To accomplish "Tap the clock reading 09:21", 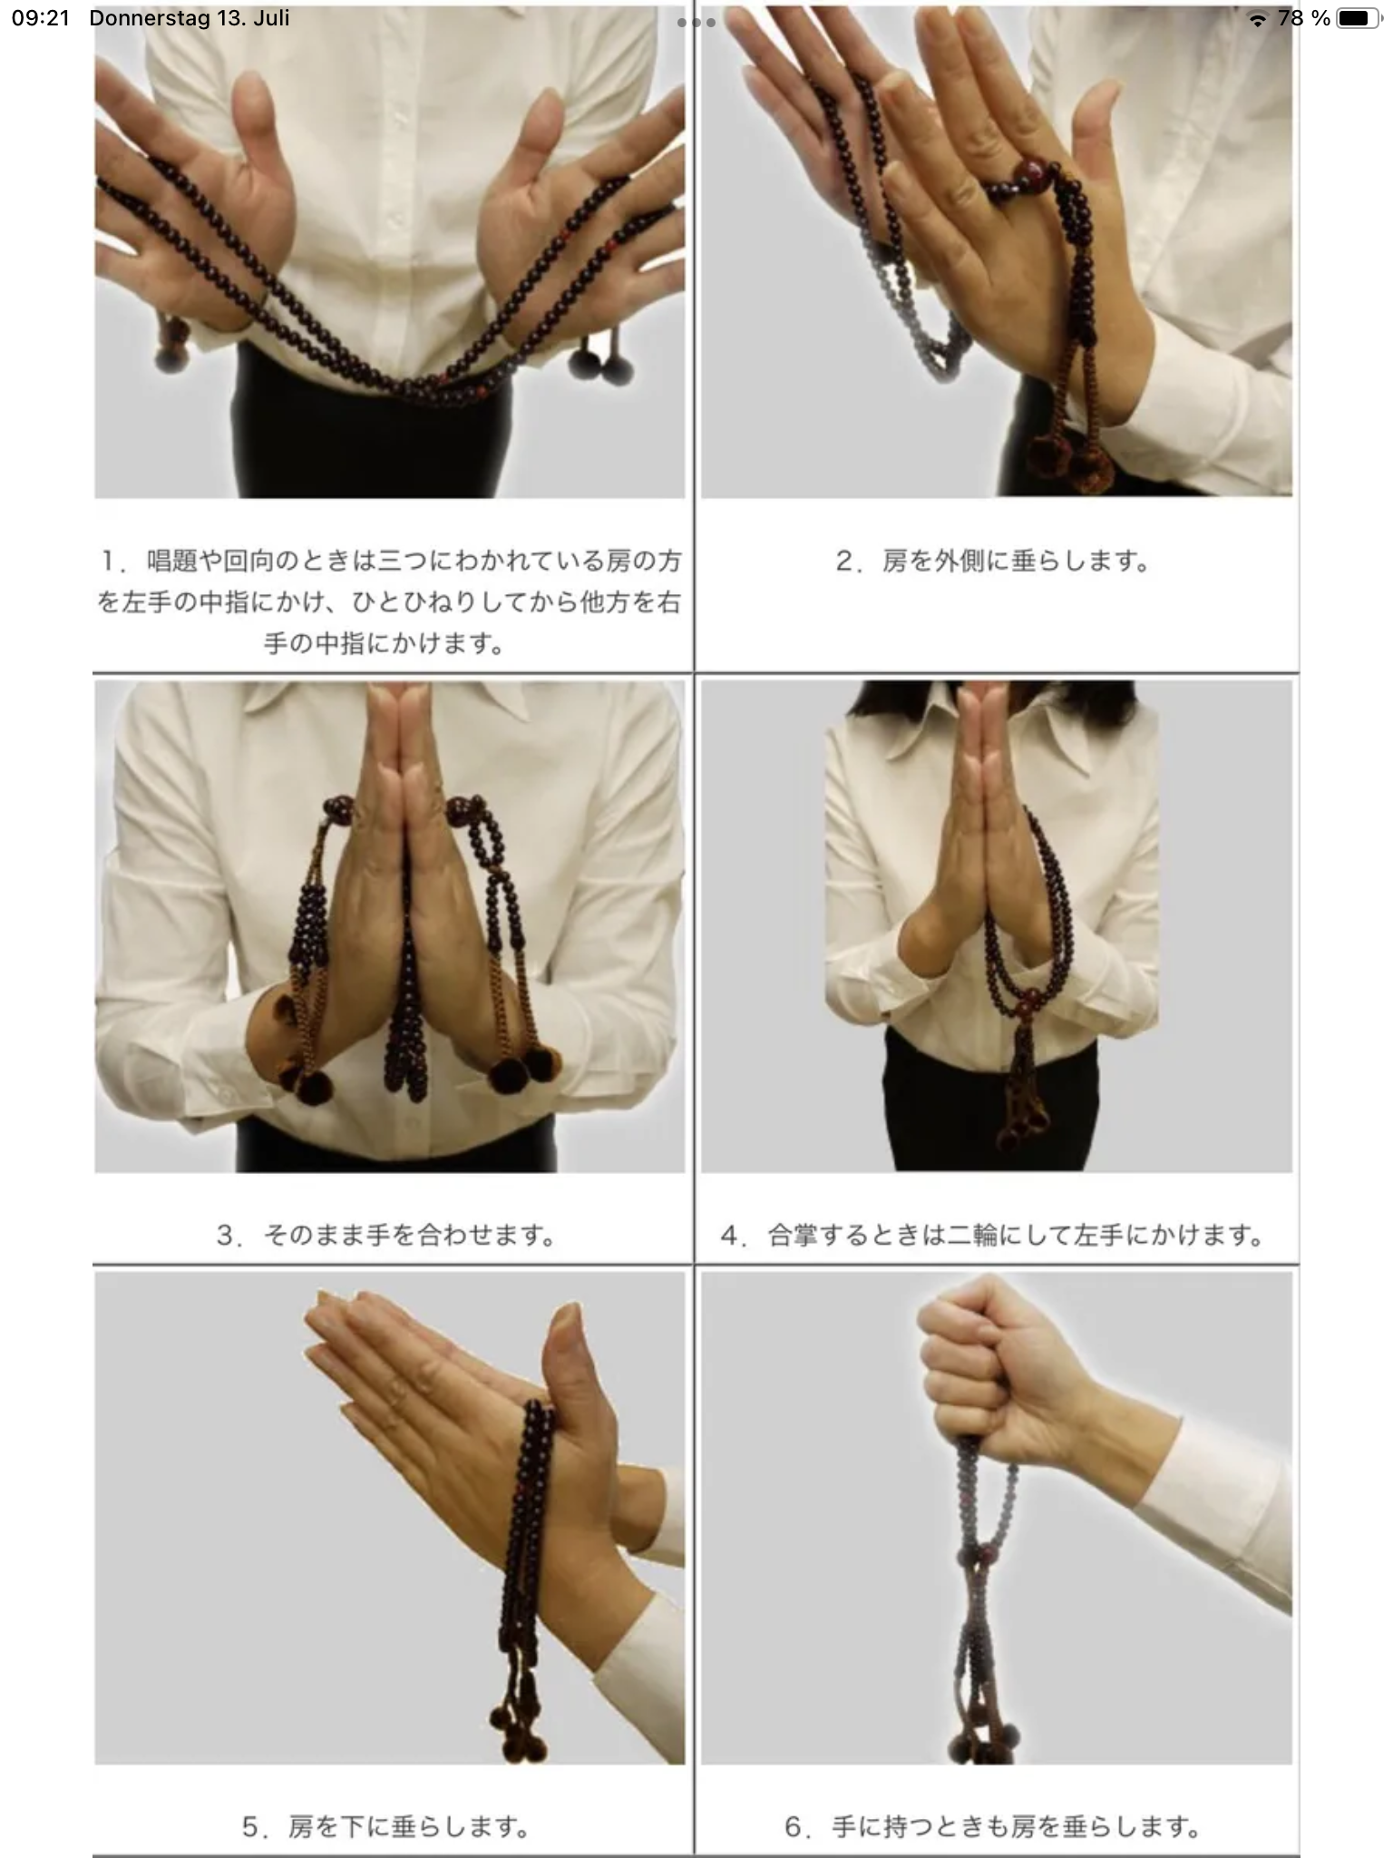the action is coord(41,18).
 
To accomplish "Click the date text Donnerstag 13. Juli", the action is coord(190,18).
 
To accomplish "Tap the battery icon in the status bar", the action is coord(1357,18).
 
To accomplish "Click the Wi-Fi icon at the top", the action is coord(1257,19).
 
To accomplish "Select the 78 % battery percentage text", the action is coord(1303,18).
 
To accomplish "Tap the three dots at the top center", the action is coord(696,22).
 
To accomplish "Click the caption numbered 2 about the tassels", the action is coord(993,562).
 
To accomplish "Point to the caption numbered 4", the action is coord(993,1235).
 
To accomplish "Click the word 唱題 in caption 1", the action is coord(171,562).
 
